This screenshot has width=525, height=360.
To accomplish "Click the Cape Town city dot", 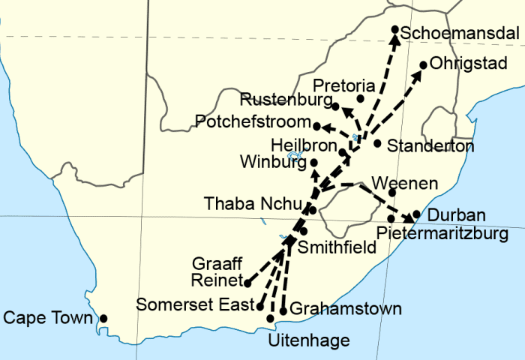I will pos(103,319).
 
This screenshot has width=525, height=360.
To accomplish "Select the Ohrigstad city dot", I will pos(423,65).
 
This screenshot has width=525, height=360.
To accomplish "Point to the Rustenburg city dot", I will pos(335,106).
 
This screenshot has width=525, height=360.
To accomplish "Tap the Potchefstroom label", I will pos(251,121).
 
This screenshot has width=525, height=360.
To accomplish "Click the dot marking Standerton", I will pos(377,143).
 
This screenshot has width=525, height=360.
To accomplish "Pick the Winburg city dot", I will pos(313,162).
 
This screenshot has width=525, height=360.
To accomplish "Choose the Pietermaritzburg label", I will pos(442,234).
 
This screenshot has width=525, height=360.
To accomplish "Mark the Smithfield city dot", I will pos(303,231).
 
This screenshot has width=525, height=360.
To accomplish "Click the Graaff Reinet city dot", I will pos(247,283).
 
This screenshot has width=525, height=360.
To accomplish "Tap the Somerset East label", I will pos(195,304).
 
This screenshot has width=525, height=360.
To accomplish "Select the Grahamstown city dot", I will pos(283,310).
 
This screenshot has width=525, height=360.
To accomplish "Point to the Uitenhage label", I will pos(308,341).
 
